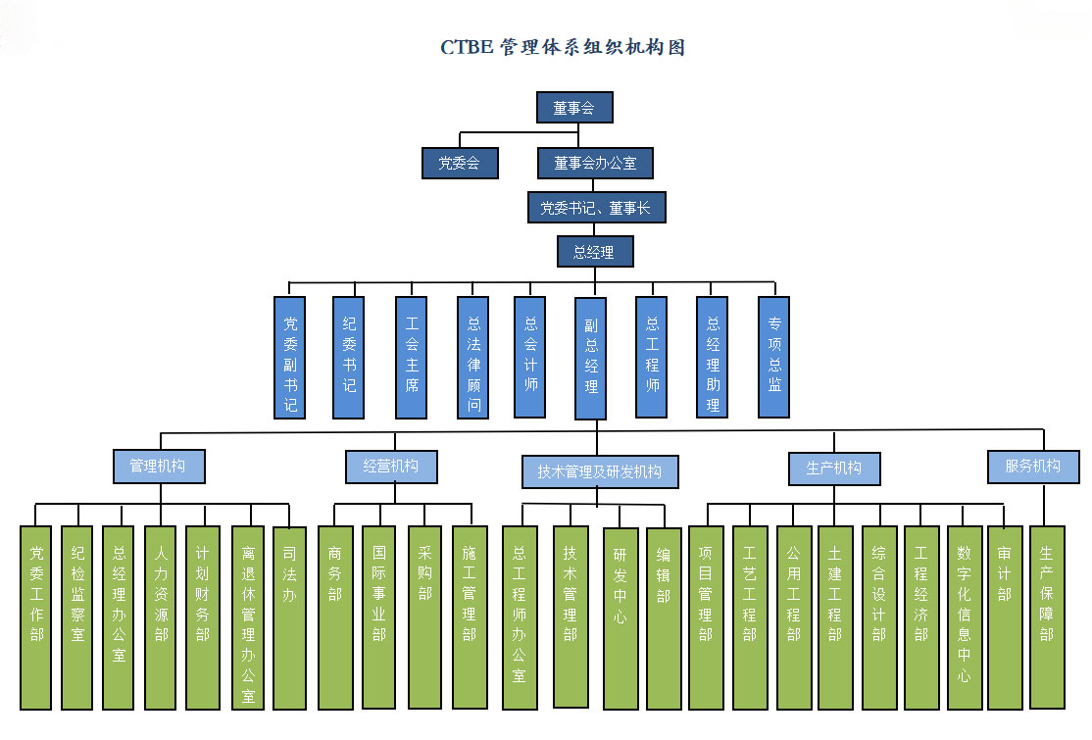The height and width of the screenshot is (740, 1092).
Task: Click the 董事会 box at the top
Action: click(x=574, y=108)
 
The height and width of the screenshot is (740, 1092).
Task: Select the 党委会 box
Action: click(x=460, y=164)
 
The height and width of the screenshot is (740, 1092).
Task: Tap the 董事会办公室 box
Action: click(x=595, y=164)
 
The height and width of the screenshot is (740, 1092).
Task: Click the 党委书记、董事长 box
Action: click(x=596, y=208)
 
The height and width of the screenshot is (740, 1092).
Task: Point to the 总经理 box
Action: click(x=595, y=252)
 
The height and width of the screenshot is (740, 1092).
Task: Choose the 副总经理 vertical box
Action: click(x=591, y=357)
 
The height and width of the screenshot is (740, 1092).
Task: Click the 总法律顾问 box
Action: click(x=473, y=357)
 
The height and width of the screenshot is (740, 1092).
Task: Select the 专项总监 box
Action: click(x=774, y=357)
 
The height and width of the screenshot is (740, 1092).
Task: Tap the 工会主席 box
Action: click(x=412, y=357)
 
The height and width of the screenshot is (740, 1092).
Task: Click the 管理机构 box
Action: click(x=158, y=467)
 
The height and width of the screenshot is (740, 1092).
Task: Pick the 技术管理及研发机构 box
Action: click(x=599, y=471)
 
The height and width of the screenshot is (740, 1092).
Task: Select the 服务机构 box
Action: click(x=1032, y=467)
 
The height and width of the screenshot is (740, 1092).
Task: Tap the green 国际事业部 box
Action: click(x=378, y=617)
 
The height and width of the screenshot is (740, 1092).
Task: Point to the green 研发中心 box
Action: click(x=620, y=617)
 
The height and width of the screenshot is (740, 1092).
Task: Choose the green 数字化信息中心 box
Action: click(x=964, y=617)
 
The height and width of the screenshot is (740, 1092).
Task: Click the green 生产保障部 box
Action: click(x=1046, y=617)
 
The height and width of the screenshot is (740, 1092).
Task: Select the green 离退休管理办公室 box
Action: click(x=248, y=617)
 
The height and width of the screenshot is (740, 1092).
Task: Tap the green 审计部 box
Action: click(x=1005, y=617)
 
